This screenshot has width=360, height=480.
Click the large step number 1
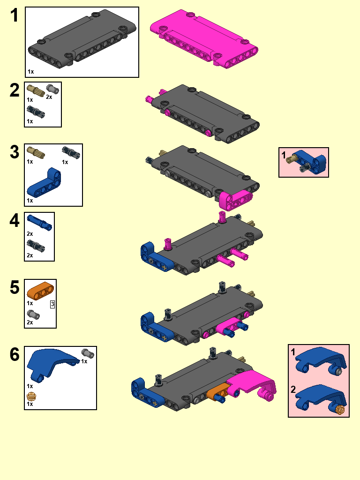pos(15,15)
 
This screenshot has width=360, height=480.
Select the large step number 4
pos(15,220)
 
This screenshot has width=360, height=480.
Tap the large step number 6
pos(15,354)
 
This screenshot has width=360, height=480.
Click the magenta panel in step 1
pos(204,38)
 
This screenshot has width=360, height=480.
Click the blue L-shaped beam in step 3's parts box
pos(44,182)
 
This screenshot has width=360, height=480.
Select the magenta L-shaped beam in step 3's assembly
pos(236,199)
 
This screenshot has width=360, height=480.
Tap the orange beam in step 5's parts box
pos(40,291)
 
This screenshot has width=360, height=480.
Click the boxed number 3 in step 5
pos(52,304)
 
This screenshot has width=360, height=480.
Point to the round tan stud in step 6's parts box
pos(31,397)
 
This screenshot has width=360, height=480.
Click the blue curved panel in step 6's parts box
pos(52,364)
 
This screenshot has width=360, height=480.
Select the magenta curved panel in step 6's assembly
pos(252,385)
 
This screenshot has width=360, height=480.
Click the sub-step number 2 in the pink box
pos(293,390)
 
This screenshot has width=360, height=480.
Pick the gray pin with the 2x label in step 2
pos(52,89)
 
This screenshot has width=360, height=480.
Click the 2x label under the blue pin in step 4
pos(30,234)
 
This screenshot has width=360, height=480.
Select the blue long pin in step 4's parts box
pos(39,223)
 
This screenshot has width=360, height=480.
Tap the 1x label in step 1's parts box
pos(30,72)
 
